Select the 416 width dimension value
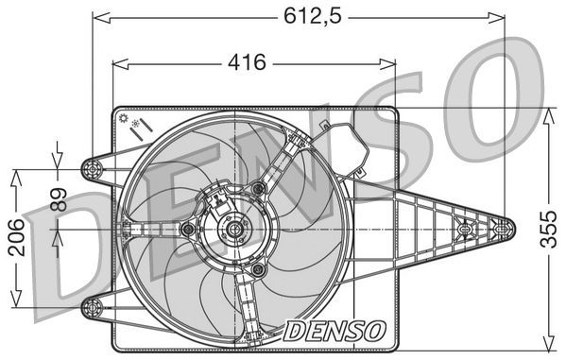pyautogui.click(x=246, y=63)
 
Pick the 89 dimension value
pyautogui.click(x=58, y=199)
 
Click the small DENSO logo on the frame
pyautogui.click(x=335, y=330)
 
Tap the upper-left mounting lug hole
pyautogui.click(x=92, y=169)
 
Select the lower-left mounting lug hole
pyautogui.click(x=92, y=303)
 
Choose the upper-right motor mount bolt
pyautogui.click(x=256, y=189)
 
